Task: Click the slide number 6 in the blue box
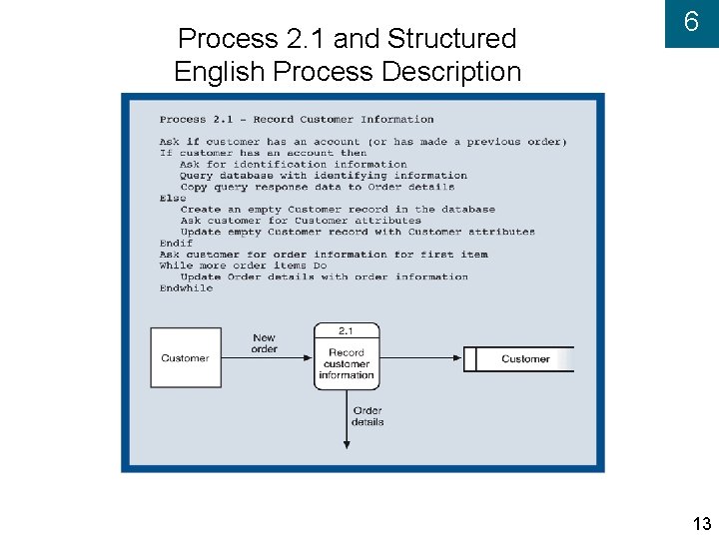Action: tap(690, 23)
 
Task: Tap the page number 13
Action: tap(701, 524)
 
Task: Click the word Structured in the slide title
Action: tap(451, 39)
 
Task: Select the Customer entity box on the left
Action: tap(185, 358)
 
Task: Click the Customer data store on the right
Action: tap(523, 359)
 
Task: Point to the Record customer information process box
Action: tap(347, 363)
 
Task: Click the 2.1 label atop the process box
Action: tap(346, 330)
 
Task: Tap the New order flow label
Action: tap(265, 343)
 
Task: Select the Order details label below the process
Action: tap(367, 416)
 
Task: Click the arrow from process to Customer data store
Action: tap(419, 358)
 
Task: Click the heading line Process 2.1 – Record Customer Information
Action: tap(297, 120)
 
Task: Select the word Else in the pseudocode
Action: tap(173, 198)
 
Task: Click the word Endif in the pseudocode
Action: tap(176, 243)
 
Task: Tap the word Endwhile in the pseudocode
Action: tap(186, 287)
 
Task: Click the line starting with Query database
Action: tap(324, 176)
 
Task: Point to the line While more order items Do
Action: tap(243, 266)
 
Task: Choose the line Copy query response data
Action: tap(317, 187)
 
